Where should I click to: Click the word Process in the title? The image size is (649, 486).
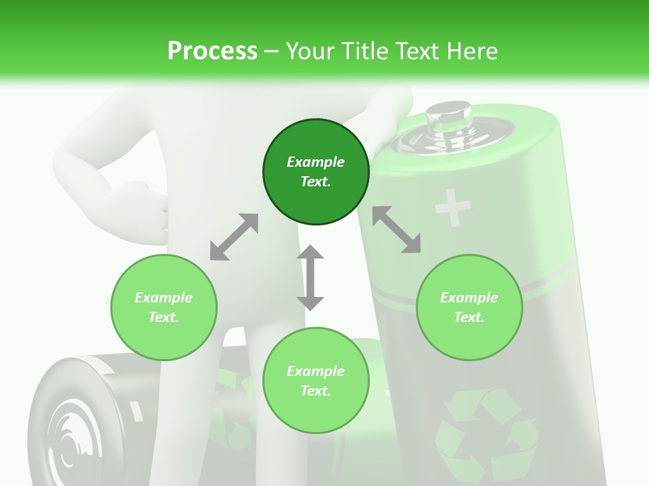tap(212, 51)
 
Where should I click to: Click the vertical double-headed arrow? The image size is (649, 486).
tap(310, 277)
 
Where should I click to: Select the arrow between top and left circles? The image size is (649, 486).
tap(234, 237)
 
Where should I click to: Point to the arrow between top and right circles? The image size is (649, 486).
tap(396, 230)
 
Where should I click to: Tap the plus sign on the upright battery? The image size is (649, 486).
tap(452, 207)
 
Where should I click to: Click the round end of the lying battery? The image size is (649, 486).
tap(68, 425)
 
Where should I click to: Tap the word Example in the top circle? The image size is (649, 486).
tap(316, 162)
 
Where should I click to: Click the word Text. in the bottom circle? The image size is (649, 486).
tap(316, 391)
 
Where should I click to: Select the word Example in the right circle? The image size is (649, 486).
tap(469, 298)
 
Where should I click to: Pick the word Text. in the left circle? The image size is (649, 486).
tap(164, 317)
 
